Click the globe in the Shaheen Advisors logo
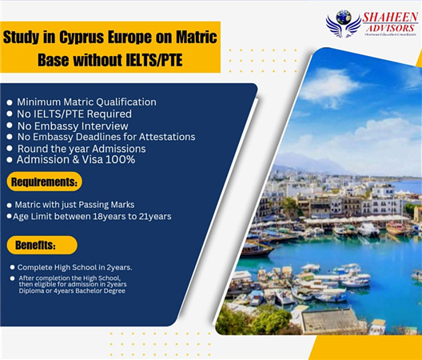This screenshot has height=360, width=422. coord(343,17)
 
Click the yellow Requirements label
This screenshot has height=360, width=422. coord(46,182)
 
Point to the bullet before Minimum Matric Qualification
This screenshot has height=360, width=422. coord(9,103)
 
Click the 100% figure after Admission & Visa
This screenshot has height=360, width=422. coord(121,159)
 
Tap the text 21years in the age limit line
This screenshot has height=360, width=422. coord(152,216)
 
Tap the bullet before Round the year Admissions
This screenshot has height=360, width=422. coord(9,149)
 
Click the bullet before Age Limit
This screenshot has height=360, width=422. coord(9,217)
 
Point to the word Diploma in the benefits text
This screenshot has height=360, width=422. coord(30,290)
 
